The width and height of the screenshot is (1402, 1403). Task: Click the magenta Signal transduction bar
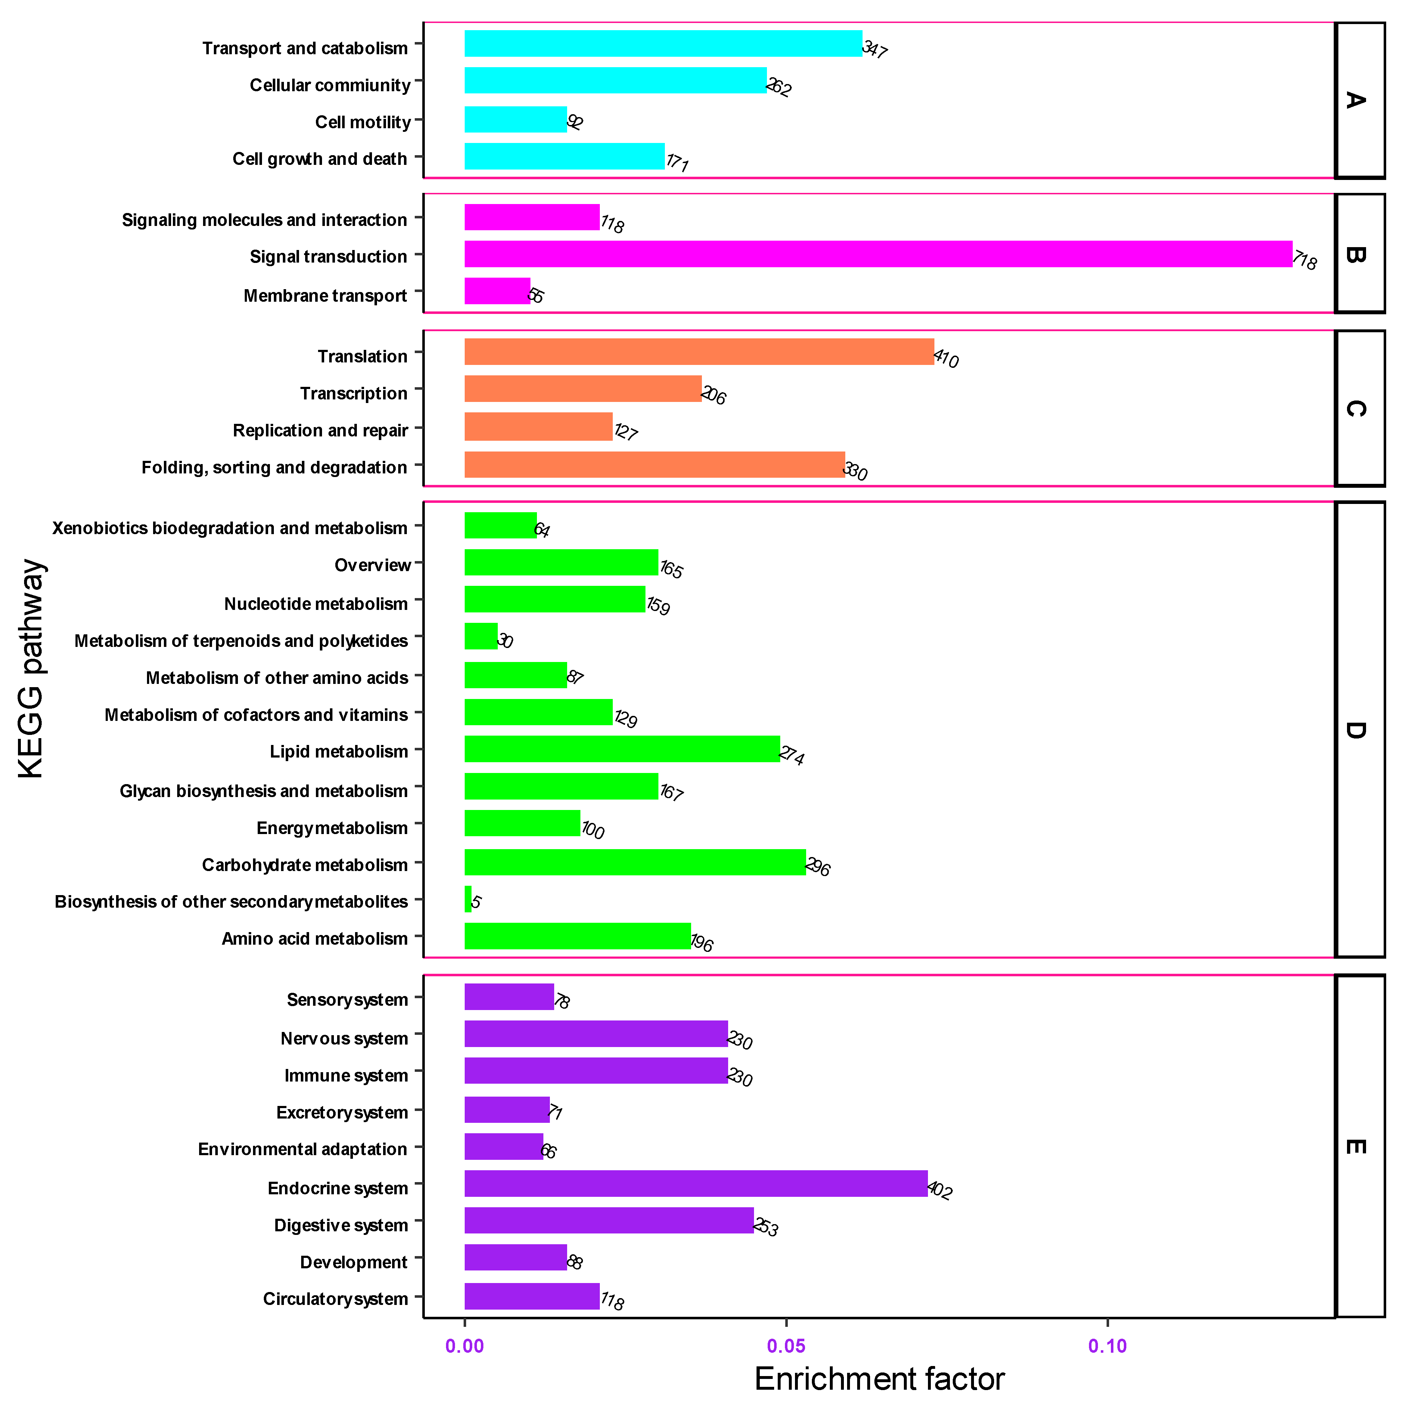coord(878,254)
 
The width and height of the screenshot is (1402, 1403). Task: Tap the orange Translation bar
coord(699,352)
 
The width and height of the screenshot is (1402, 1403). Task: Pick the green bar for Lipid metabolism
coord(622,749)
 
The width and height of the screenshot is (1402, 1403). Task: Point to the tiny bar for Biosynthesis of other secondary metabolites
coord(468,899)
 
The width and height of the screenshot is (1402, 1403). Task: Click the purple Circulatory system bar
coord(532,1296)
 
